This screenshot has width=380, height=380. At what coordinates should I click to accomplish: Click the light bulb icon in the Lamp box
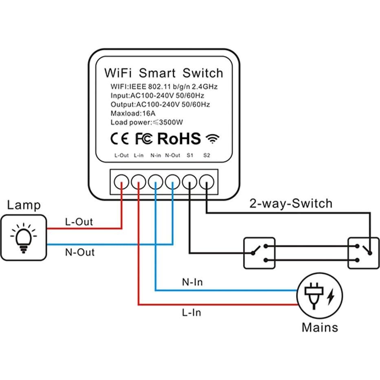23,237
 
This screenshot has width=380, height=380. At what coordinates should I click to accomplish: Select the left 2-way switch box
259,253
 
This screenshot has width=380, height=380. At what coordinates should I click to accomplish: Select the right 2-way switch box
363,253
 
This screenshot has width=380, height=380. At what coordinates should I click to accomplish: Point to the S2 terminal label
206,155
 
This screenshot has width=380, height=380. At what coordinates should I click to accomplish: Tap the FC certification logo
143,139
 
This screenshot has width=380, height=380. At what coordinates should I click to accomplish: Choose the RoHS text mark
179,138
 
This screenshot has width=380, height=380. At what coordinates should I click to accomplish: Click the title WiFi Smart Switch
164,73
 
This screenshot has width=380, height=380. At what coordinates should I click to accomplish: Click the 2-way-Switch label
291,203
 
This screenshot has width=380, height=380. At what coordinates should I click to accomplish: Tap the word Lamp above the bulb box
24,205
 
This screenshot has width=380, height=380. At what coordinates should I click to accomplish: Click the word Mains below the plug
320,327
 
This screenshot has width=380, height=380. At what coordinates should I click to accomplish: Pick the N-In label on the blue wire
192,282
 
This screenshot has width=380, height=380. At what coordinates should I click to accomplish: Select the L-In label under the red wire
191,313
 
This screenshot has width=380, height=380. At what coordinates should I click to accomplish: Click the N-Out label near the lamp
80,252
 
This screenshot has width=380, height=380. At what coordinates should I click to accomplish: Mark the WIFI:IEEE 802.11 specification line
164,87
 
